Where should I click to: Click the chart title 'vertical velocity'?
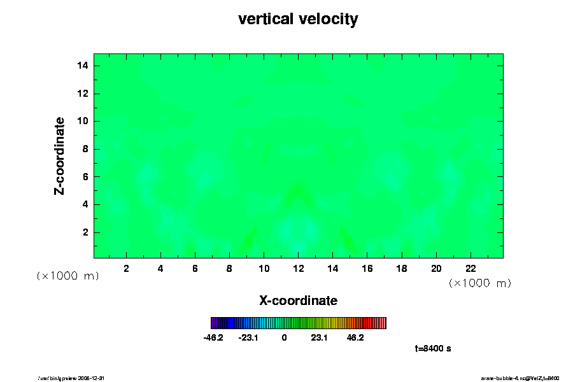pyautogui.click(x=298, y=19)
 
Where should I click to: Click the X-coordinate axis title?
pyautogui.click(x=298, y=300)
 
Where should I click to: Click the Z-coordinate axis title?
pyautogui.click(x=60, y=155)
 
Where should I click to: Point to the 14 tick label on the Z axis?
pyautogui.click(x=82, y=66)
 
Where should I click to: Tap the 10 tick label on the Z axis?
pyautogui.click(x=82, y=121)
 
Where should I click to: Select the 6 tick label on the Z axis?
pyautogui.click(x=85, y=176)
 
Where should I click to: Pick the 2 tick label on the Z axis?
pyautogui.click(x=85, y=232)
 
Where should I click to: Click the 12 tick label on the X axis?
pyautogui.click(x=298, y=269)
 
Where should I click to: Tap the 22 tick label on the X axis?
pyautogui.click(x=470, y=269)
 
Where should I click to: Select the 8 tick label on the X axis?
pyautogui.click(x=229, y=269)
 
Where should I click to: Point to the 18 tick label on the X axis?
pyautogui.click(x=402, y=269)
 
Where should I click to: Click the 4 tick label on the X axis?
pyautogui.click(x=160, y=269)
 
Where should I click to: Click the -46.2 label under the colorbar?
pyautogui.click(x=213, y=337)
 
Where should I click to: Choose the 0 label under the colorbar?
pyautogui.click(x=284, y=337)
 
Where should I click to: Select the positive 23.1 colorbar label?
pyautogui.click(x=319, y=337)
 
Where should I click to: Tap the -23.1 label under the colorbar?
pyautogui.click(x=248, y=337)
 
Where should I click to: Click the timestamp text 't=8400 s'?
pyautogui.click(x=433, y=348)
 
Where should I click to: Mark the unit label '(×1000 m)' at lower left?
pyautogui.click(x=67, y=276)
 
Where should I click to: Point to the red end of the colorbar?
pyautogui.click(x=379, y=323)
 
